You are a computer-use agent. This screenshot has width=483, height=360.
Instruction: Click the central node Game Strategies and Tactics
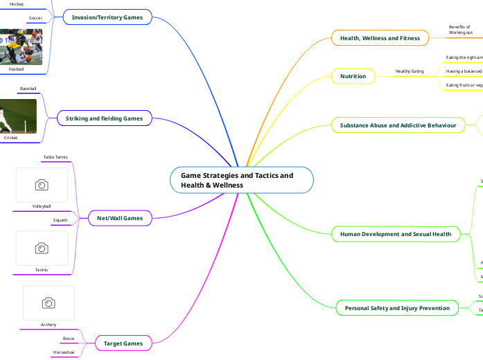(x=242, y=180)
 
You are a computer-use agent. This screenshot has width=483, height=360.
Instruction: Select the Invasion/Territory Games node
(x=107, y=17)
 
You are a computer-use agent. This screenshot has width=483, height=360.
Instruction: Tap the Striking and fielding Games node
(x=104, y=118)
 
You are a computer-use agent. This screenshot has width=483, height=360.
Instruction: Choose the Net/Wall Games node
(x=120, y=218)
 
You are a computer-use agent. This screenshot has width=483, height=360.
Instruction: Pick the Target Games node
(x=123, y=343)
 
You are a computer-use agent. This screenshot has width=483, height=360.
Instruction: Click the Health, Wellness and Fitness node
(x=380, y=38)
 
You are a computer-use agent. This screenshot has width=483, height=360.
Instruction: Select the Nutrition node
(x=353, y=76)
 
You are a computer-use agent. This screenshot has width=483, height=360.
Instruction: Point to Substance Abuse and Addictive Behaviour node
(x=398, y=125)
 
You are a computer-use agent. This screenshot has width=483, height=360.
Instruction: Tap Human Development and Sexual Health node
(x=396, y=234)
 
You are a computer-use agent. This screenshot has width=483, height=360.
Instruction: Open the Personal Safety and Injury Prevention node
(x=397, y=308)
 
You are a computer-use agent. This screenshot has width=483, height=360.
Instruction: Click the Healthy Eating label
(x=410, y=71)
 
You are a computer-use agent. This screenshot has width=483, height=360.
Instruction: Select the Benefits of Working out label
(x=460, y=30)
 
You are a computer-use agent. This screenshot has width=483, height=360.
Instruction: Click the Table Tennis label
(x=55, y=157)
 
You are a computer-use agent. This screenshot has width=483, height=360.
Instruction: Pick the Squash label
(x=60, y=220)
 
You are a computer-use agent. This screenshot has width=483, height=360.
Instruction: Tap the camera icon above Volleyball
(x=42, y=185)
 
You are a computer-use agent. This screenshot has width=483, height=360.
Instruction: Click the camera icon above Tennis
(x=42, y=248)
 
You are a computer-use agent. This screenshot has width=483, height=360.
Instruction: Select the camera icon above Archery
(x=49, y=303)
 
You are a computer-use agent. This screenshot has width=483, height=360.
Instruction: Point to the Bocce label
(x=68, y=338)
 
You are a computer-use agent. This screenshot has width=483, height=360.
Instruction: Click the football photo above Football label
(x=21, y=46)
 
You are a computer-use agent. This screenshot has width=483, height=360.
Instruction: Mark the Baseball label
(x=28, y=89)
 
